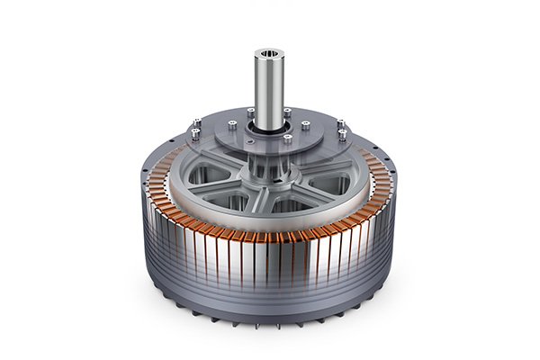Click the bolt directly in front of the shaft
click(x=288, y=139)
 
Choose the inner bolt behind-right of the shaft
click(x=287, y=112)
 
